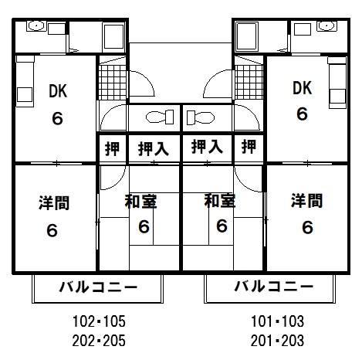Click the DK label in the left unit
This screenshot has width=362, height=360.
pyautogui.click(x=58, y=91)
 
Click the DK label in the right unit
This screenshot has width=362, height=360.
pyautogui.click(x=302, y=88)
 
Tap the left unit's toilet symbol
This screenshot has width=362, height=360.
pyautogui.click(x=160, y=117)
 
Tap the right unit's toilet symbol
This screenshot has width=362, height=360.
pyautogui.click(x=201, y=117)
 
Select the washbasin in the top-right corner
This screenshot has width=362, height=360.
pyautogui.click(x=326, y=26)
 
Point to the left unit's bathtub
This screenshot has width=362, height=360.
pyautogui.click(x=114, y=37)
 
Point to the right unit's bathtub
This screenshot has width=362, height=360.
pyautogui.click(x=247, y=37)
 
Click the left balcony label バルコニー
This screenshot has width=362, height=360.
pyautogui.click(x=99, y=287)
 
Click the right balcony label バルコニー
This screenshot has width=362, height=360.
pyautogui.click(x=274, y=286)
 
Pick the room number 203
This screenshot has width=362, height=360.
pyautogui.click(x=293, y=341)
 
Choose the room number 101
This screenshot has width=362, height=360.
pyautogui.click(x=260, y=321)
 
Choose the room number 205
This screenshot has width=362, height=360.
pyautogui.click(x=114, y=341)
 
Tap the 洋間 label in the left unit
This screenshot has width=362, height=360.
pyautogui.click(x=54, y=203)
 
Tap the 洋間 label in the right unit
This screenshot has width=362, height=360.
pyautogui.click(x=306, y=201)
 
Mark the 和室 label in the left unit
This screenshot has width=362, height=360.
pyautogui.click(x=140, y=202)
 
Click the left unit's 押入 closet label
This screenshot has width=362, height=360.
pyautogui.click(x=154, y=148)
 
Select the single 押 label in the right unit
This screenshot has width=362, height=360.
pyautogui.click(x=249, y=147)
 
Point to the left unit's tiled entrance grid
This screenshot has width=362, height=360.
pyautogui.click(x=113, y=82)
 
